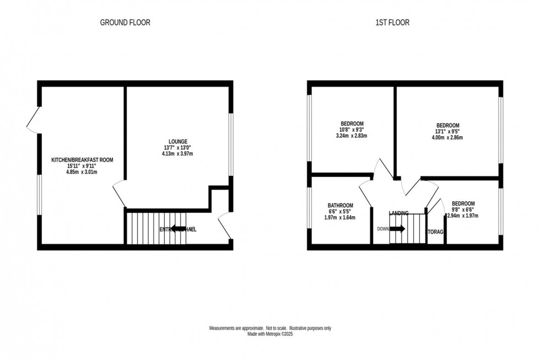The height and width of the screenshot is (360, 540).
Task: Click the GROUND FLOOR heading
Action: coord(125,23)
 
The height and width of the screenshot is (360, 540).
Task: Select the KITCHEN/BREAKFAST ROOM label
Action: coord(82,160)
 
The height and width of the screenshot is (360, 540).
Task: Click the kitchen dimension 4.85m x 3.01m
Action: coord(82,172)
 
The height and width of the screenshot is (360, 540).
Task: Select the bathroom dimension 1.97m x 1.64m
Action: coord(339,217)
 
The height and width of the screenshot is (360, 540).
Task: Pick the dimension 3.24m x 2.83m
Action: coord(351,136)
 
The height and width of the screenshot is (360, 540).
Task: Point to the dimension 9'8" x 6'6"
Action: coord(463,209)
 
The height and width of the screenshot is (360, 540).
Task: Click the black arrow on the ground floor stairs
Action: coord(177,228)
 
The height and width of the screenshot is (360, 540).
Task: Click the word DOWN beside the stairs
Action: coord(382,229)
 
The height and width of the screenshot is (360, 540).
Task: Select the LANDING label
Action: coord(399,213)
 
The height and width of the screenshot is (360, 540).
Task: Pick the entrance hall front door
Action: coord(224,226)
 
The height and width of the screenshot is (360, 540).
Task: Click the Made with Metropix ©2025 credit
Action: coord(270,335)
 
